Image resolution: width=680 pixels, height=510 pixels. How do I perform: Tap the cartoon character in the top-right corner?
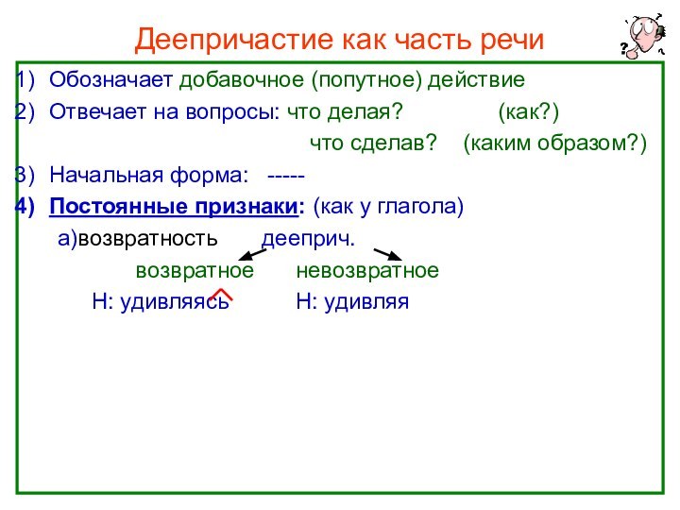point(641,37)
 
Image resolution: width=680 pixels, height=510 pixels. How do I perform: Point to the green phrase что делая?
point(344,112)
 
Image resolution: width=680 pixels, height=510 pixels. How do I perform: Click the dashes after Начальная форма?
point(286,176)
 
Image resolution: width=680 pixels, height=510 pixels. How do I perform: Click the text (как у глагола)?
point(388,206)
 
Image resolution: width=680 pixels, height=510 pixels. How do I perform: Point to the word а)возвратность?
point(138,239)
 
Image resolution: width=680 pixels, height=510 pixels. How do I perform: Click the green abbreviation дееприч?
point(308,239)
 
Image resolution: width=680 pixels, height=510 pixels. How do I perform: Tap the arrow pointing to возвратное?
point(250,253)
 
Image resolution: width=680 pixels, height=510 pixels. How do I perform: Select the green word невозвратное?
point(367,271)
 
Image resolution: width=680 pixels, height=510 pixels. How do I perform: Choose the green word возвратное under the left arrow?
point(195,271)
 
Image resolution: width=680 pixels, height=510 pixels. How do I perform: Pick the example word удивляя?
point(365,302)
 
